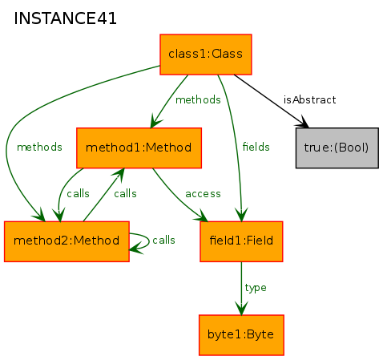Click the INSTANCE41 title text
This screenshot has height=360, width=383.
click(65, 18)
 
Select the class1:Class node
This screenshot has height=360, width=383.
click(206, 55)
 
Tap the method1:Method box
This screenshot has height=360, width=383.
click(139, 148)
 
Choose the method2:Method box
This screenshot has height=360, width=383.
click(67, 241)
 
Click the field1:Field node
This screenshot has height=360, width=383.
click(241, 241)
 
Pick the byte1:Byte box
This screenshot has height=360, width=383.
click(241, 335)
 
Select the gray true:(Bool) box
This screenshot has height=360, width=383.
click(337, 148)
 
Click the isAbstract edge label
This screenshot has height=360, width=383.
click(309, 100)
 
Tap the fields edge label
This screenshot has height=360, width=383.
click(256, 147)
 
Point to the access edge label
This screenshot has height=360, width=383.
click(203, 194)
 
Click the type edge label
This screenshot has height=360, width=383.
click(256, 288)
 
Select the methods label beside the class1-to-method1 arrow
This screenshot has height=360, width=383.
click(198, 100)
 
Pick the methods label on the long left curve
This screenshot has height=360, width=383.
click(39, 147)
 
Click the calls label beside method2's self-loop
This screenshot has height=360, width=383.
click(163, 241)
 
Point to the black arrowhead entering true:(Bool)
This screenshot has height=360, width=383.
click(303, 122)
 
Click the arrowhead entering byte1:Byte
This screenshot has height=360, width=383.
click(241, 308)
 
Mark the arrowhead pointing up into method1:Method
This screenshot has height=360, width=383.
click(120, 175)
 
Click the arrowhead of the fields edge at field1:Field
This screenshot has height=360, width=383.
click(241, 215)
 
